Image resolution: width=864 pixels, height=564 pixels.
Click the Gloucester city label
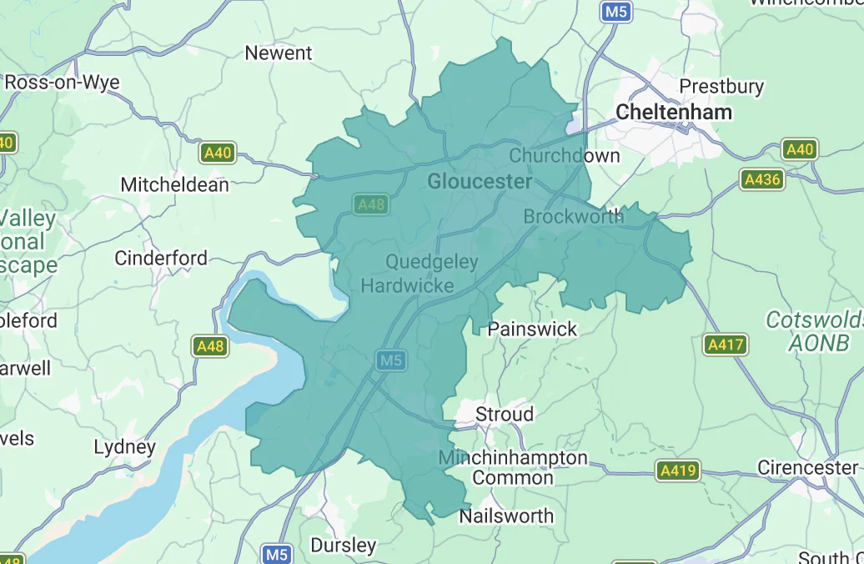coord(479,181)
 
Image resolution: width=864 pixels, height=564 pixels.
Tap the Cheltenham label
coord(674,112)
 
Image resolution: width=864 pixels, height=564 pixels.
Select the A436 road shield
coord(762,179)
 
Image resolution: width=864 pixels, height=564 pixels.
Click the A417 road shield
coord(726,344)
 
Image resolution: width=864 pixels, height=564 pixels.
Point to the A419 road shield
coord(676,471)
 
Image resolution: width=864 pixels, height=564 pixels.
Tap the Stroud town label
coord(504,414)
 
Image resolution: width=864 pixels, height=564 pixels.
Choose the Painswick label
coord(532,329)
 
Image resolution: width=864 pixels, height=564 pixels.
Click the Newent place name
coord(278,53)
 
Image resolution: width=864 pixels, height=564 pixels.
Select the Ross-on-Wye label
coord(62,83)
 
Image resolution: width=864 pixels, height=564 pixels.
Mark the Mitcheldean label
coord(174,184)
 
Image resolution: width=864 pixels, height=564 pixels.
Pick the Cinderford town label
coord(161,258)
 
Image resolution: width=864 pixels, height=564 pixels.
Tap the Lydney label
coord(124,447)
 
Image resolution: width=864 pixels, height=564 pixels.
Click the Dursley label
coord(343,546)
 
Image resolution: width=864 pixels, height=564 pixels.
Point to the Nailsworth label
coord(506,516)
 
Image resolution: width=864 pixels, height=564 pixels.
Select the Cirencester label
coord(807,467)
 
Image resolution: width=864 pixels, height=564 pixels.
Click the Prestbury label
coord(721,86)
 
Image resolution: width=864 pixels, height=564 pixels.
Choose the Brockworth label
coord(573,216)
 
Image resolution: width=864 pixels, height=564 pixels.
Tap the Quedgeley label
coord(432,262)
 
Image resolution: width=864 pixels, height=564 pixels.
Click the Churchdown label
coord(565,155)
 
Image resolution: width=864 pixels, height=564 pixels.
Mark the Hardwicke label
coord(407,286)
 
